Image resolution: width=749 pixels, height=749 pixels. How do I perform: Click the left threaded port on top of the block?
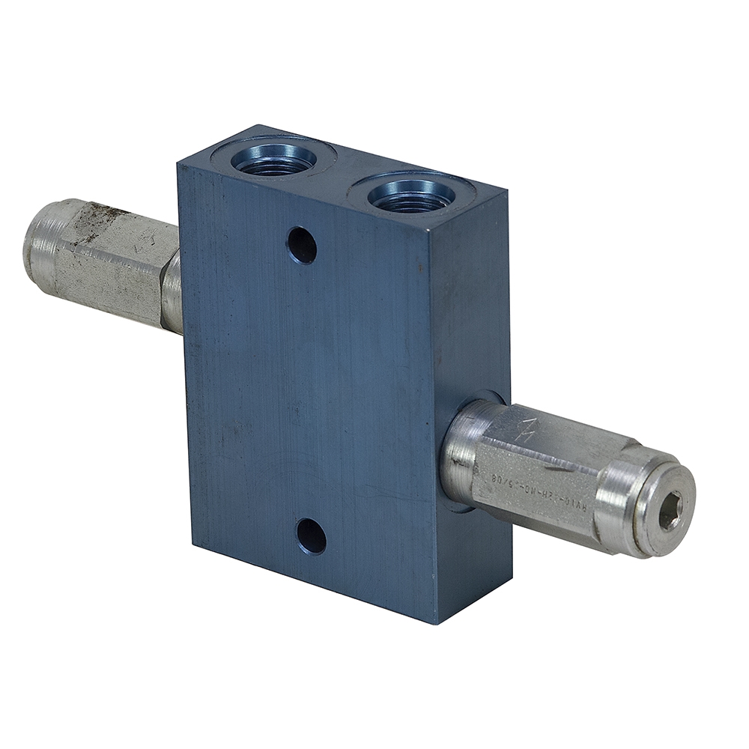click(x=273, y=159)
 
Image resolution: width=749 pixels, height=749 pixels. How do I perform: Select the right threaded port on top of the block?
click(x=410, y=195)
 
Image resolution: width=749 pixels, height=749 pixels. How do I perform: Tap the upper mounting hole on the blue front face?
click(x=302, y=245)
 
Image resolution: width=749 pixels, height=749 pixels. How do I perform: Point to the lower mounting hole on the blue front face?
click(x=311, y=536)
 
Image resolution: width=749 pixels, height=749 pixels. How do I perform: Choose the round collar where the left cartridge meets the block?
click(x=172, y=292)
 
